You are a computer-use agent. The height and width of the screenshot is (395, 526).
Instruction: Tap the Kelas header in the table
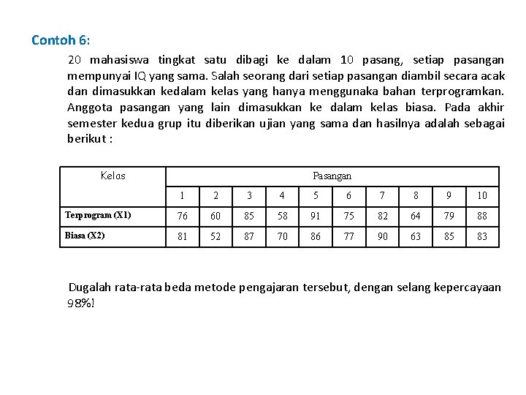click(113, 176)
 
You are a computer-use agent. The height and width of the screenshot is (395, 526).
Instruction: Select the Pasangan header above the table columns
click(332, 176)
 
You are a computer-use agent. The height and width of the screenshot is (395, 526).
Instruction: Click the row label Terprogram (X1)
click(98, 215)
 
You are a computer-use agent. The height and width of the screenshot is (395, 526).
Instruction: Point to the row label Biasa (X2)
click(85, 236)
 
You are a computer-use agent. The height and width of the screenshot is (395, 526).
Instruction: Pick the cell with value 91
click(315, 216)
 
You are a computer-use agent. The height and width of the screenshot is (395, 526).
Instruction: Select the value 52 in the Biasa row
click(215, 236)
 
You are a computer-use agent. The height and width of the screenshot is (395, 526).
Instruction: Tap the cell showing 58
click(282, 216)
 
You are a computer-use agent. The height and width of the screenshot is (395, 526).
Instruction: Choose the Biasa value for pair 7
click(382, 236)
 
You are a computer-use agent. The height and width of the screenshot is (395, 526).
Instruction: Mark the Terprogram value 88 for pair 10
click(482, 216)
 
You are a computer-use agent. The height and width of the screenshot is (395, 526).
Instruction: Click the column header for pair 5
click(315, 195)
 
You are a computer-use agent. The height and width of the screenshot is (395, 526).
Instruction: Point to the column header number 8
click(416, 195)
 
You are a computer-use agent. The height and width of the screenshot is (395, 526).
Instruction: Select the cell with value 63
click(416, 236)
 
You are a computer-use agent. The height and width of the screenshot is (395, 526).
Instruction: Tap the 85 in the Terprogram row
click(248, 216)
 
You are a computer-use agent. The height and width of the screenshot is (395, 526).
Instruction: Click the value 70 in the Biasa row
click(282, 236)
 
